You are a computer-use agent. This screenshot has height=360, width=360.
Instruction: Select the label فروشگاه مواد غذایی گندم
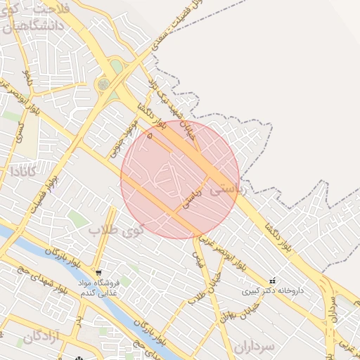click(98, 288)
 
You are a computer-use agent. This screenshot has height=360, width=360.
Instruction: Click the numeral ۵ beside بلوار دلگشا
click(149, 134)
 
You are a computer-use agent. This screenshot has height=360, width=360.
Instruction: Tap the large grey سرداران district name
click(263, 346)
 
